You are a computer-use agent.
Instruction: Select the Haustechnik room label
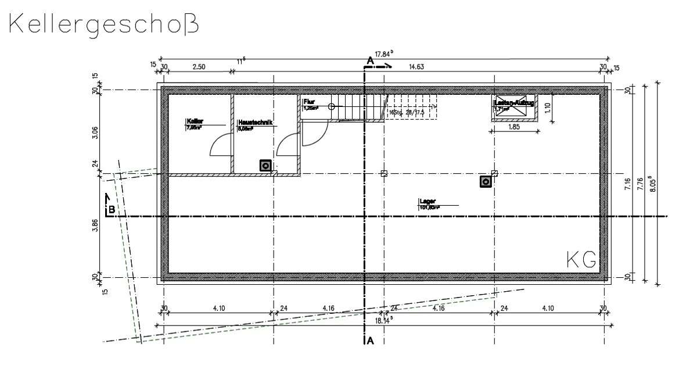point(254,123)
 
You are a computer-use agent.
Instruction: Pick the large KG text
point(581,260)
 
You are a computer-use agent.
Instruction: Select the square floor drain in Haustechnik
point(265,166)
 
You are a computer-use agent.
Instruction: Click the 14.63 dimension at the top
point(416,67)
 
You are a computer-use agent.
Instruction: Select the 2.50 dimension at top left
point(199,67)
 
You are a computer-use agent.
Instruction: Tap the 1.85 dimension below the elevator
point(514,127)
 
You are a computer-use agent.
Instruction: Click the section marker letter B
point(110,209)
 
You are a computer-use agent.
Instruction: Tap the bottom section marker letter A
point(370,341)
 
